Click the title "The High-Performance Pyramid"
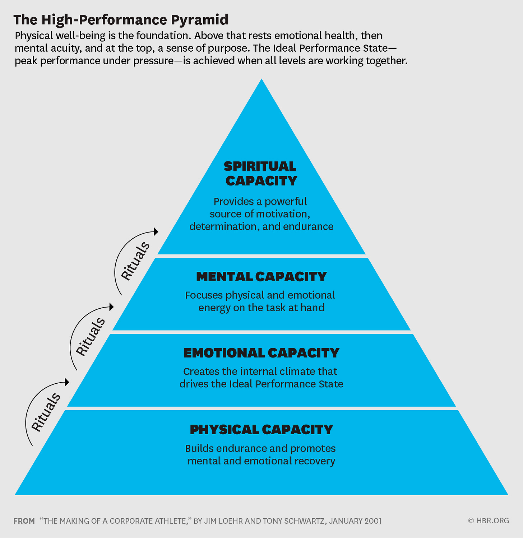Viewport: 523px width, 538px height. [121, 20]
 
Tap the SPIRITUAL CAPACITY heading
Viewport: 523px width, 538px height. [261, 173]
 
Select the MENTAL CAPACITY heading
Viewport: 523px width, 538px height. [261, 277]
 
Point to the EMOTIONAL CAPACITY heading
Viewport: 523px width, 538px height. [261, 353]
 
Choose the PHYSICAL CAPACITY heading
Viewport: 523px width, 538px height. [261, 430]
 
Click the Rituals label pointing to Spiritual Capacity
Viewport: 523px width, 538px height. [135, 261]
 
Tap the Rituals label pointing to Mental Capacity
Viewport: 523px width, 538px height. [91, 337]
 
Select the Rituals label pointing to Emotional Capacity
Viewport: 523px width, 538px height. [46, 412]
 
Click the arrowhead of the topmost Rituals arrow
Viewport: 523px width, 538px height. [156, 231]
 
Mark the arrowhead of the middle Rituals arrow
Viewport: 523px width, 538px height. [111, 307]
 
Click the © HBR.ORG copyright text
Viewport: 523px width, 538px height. [489, 520]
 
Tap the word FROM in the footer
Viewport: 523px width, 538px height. [24, 521]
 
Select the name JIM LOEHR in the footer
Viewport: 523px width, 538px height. [223, 521]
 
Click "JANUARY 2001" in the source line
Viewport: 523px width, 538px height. [355, 521]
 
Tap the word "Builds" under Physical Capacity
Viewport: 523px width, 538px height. [199, 449]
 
